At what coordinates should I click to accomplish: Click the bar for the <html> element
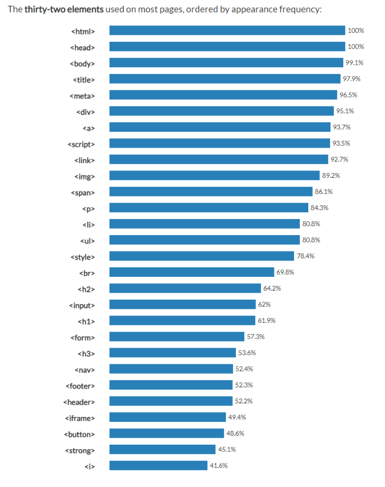click(x=227, y=31)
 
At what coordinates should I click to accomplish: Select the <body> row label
click(x=82, y=63)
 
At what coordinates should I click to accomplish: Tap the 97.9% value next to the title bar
click(x=351, y=79)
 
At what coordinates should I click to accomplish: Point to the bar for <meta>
click(x=223, y=95)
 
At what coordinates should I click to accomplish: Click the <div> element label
click(x=85, y=111)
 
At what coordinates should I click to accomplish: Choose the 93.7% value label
click(x=342, y=127)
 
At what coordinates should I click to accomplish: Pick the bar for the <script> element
click(x=219, y=143)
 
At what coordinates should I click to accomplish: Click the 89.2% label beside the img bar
click(x=331, y=176)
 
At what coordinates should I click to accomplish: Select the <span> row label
click(x=82, y=192)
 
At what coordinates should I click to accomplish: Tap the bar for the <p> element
click(x=208, y=208)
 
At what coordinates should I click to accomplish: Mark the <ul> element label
click(x=87, y=240)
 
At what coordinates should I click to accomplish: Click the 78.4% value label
click(x=305, y=256)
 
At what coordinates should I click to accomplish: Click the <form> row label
click(x=82, y=337)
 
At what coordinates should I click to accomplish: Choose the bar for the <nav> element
click(x=171, y=369)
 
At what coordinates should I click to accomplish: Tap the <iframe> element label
click(x=81, y=417)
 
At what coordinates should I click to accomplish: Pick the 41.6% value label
click(x=218, y=465)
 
